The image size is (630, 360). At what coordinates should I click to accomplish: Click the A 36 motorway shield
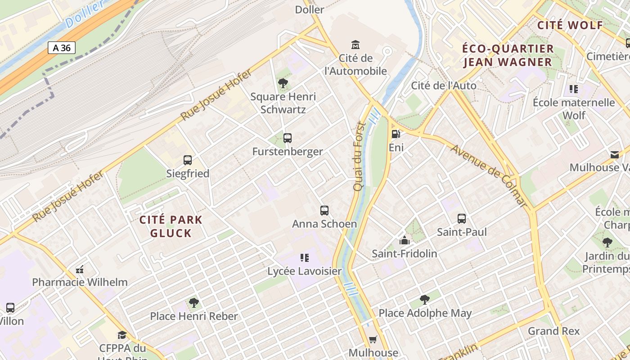click(x=62, y=48)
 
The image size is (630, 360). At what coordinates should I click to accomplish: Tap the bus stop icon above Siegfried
click(x=188, y=160)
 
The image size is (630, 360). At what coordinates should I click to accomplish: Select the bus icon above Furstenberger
click(x=288, y=138)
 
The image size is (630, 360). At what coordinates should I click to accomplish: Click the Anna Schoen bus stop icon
click(x=324, y=210)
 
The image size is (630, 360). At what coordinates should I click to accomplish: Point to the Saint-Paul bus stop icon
click(x=462, y=219)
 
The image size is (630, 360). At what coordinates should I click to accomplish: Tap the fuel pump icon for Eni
click(x=396, y=134)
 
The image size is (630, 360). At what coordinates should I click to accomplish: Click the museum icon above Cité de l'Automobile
click(x=355, y=45)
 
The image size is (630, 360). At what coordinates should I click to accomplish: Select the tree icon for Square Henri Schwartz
click(x=283, y=83)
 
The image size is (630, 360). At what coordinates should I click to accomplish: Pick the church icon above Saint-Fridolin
click(x=404, y=240)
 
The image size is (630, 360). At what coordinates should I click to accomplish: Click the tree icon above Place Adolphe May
click(x=424, y=299)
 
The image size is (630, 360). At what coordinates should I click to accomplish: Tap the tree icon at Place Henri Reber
click(x=193, y=302)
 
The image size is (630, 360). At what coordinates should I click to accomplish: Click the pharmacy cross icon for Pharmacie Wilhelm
click(x=80, y=269)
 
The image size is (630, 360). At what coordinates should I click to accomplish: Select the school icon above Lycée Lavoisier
click(x=305, y=258)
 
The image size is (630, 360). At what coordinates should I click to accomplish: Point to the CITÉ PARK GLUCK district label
click(x=171, y=226)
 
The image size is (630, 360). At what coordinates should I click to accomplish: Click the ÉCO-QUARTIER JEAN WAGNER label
click(x=508, y=55)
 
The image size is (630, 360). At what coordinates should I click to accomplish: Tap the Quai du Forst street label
click(x=359, y=156)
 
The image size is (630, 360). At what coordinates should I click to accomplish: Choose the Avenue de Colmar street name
click(x=489, y=176)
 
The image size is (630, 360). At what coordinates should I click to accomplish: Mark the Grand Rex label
click(x=554, y=331)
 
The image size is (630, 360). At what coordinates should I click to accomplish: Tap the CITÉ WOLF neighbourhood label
click(x=570, y=25)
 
